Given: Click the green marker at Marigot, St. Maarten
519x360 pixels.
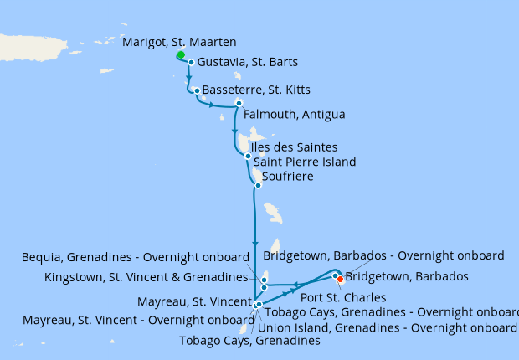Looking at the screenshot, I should [x=181, y=55].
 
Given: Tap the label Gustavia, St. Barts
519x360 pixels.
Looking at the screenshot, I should [x=248, y=63].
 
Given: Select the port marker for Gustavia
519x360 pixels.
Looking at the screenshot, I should [x=191, y=62].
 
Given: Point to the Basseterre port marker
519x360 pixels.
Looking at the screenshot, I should [x=196, y=90].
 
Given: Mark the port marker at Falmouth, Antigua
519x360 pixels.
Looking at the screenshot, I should [x=239, y=103].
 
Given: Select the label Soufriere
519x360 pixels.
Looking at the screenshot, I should [x=290, y=177].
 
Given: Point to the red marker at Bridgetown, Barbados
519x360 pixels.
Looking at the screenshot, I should [x=340, y=280].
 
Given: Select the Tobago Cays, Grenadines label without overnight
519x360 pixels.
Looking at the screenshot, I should [x=249, y=341].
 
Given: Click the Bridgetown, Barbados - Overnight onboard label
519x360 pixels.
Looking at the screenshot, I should [x=383, y=255].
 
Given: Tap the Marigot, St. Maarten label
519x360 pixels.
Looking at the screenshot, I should [x=179, y=41].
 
